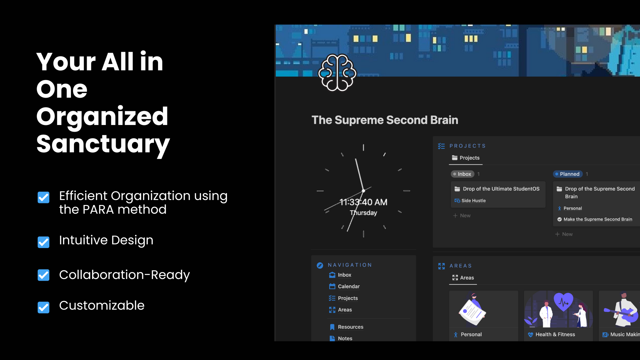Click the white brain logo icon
coord(337,73)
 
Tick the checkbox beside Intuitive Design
coord(43,242)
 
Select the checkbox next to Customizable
coord(43,307)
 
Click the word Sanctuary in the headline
coord(103,144)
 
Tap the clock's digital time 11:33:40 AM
coord(363,202)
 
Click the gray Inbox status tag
coord(462,174)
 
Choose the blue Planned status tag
coord(567,174)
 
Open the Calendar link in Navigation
coord(348,286)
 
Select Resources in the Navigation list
coord(350,327)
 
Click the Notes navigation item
coord(345,338)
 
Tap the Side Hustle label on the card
coord(473,201)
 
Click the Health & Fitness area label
coord(555,334)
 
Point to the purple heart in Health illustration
coord(563,301)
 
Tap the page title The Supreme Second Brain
coord(385,120)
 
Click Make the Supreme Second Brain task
coord(597,219)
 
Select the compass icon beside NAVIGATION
coord(320,265)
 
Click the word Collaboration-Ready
coord(124,275)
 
